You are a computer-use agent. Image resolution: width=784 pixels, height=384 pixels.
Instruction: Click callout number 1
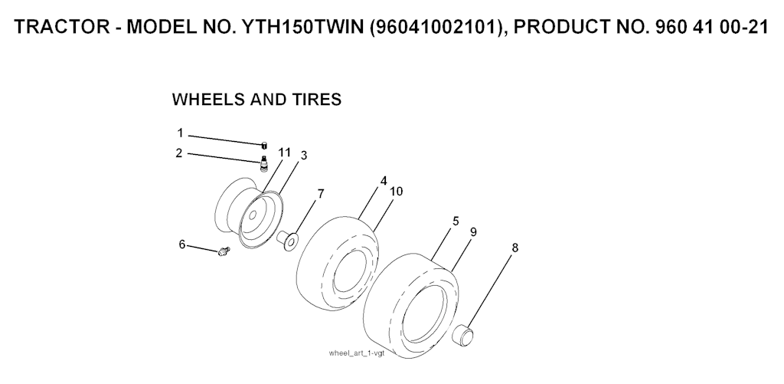180,133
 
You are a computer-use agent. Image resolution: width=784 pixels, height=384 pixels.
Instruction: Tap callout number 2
179,153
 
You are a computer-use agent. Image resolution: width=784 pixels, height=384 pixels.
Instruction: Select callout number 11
285,153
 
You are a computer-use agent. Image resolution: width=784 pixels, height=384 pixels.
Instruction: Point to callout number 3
303,156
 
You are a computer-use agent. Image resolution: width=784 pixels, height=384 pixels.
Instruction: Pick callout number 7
321,194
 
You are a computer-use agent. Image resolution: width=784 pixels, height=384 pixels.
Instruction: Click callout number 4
384,181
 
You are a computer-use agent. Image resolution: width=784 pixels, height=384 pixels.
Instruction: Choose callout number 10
397,192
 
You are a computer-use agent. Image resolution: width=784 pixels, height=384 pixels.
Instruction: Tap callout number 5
456,222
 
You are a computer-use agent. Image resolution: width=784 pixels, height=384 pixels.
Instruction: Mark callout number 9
473,232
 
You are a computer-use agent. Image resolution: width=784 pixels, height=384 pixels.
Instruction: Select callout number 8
515,248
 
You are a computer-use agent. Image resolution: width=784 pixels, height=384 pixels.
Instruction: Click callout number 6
182,245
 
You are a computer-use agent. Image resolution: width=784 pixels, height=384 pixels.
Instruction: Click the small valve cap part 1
263,145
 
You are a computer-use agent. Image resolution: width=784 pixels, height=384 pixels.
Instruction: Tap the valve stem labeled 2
264,162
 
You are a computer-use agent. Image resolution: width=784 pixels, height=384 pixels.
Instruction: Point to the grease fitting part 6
223,250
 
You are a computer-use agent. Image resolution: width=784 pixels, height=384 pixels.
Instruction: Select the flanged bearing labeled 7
289,241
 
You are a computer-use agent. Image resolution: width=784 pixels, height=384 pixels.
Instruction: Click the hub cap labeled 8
463,334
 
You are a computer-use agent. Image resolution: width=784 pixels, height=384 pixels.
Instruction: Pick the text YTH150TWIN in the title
303,27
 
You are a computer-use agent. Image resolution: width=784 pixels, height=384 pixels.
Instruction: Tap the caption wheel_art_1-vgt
357,353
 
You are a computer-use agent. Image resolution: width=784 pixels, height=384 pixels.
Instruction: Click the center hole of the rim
253,215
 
